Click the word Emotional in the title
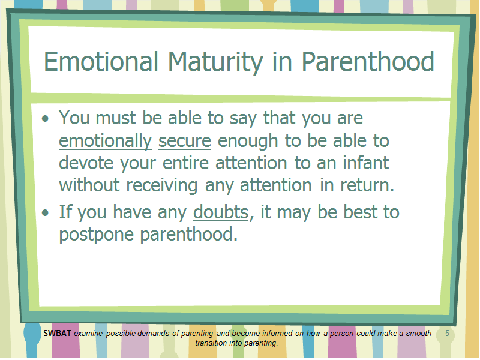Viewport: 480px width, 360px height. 101,62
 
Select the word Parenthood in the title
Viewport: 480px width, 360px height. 368,62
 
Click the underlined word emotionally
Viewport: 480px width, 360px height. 106,141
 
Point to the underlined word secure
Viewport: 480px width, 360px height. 185,141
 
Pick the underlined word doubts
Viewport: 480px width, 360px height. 221,212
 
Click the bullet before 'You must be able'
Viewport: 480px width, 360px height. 46,118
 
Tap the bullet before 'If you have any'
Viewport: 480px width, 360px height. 46,212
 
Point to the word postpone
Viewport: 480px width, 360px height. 97,235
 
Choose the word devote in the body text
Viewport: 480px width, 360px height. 86,163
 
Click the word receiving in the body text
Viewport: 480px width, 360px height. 162,186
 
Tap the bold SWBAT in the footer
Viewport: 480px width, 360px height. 57,333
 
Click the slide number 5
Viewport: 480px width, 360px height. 447,333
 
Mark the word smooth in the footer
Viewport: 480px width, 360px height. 418,333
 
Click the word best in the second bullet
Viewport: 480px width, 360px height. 360,212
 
